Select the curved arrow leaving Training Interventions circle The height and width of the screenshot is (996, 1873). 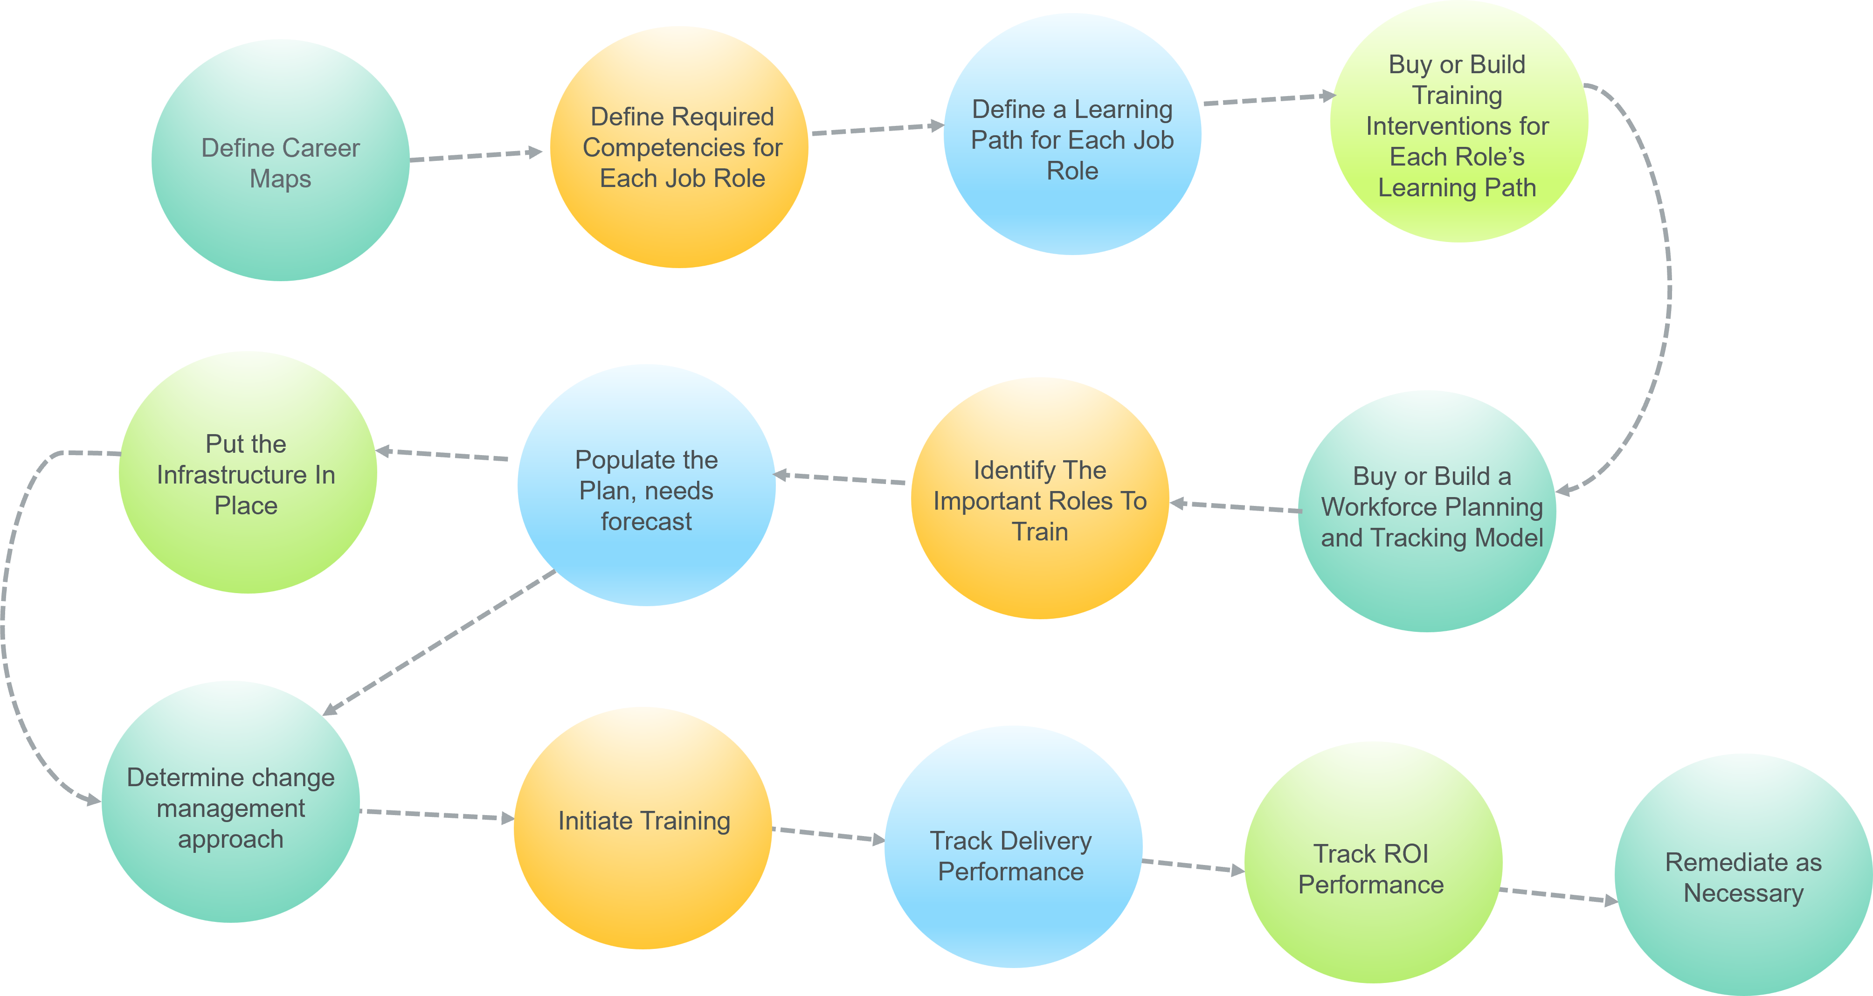[x=1665, y=291]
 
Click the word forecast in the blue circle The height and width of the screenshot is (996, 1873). [x=646, y=522]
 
